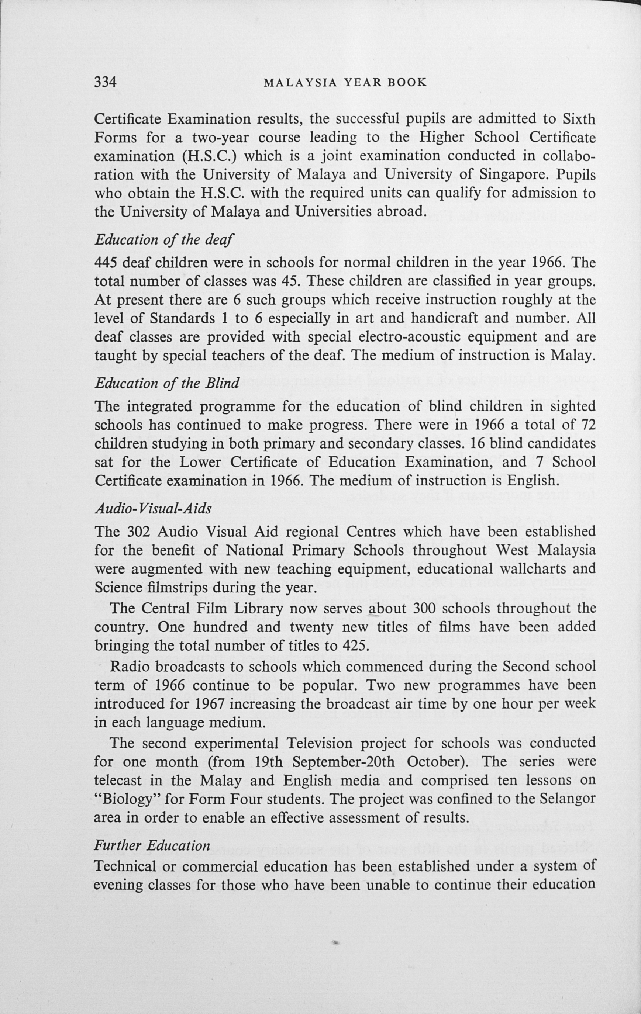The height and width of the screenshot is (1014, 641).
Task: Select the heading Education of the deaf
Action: (x=164, y=240)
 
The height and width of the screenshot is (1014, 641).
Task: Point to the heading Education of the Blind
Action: (x=167, y=383)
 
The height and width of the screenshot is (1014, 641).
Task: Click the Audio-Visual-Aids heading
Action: (x=153, y=509)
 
